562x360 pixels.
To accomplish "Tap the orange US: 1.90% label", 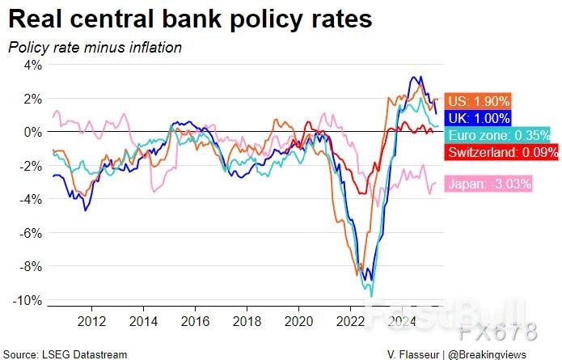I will tap(480, 101).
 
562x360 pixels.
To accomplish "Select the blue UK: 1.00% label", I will tap(481, 118).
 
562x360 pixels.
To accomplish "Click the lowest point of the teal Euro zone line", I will tap(372, 296).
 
